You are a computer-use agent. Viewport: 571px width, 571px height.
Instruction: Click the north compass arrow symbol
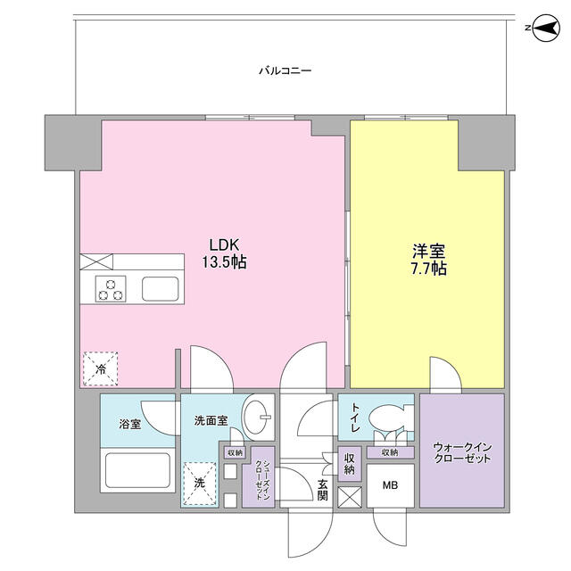pos(545,28)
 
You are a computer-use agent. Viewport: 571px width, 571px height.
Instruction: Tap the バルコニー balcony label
pos(285,70)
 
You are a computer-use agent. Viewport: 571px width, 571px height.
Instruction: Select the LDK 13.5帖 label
pos(224,253)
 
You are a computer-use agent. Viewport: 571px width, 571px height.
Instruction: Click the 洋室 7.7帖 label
pos(428,260)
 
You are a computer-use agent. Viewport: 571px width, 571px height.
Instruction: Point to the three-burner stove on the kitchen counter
pos(111,289)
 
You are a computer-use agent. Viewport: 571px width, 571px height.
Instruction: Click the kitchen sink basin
pos(161,289)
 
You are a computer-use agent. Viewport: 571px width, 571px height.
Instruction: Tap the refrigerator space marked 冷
pos(101,368)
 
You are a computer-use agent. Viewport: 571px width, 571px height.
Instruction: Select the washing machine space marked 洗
pos(199,484)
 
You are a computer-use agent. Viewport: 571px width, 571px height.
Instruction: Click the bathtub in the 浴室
pos(137,470)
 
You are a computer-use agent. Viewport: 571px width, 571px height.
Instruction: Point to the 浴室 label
pos(129,425)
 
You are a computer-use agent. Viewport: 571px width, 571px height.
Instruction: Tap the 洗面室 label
pos(211,421)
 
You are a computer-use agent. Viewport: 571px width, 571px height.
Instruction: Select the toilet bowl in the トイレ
pos(387,418)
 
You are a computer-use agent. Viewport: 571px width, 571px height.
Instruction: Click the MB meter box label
pos(390,485)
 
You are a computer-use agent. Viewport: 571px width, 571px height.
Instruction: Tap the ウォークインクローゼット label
pos(462,452)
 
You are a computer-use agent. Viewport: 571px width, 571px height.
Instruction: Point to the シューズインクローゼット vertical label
pos(262,480)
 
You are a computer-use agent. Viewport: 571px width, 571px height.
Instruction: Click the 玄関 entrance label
pos(322,490)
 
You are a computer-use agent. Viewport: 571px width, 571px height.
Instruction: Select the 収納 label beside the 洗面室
pos(235,453)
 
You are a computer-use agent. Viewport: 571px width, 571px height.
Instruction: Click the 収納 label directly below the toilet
pos(390,452)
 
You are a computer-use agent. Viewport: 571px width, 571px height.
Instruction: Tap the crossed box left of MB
pos(350,497)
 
